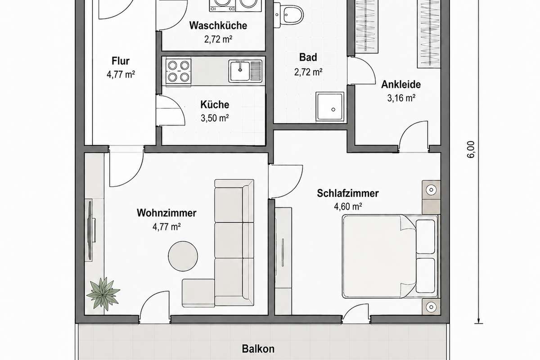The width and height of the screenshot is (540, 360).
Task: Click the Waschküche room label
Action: click(218, 26)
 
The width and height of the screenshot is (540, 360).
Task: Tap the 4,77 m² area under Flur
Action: click(121, 75)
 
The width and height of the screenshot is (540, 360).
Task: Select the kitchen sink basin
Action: click(240, 71)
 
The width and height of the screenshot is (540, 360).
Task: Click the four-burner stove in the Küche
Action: click(179, 72)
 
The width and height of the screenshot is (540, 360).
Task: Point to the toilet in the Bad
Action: click(289, 14)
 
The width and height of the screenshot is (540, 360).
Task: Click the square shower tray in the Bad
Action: click(330, 106)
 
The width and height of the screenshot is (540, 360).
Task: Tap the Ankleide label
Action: click(401, 85)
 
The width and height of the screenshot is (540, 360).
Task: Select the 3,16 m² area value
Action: click(401, 98)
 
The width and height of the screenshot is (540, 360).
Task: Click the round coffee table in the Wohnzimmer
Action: click(183, 256)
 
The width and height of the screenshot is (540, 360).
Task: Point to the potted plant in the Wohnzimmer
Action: click(103, 293)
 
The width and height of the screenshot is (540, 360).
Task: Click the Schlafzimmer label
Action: click(347, 193)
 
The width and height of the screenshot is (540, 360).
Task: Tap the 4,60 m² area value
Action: click(348, 207)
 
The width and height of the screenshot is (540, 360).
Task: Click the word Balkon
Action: click(258, 349)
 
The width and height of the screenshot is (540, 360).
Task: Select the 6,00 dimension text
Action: click(471, 149)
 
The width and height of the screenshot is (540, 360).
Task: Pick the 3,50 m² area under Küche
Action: click(215, 118)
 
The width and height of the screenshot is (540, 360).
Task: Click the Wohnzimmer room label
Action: click(166, 213)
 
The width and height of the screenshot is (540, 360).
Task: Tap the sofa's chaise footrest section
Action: click(198, 293)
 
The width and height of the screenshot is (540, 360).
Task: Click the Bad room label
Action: click(308, 58)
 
